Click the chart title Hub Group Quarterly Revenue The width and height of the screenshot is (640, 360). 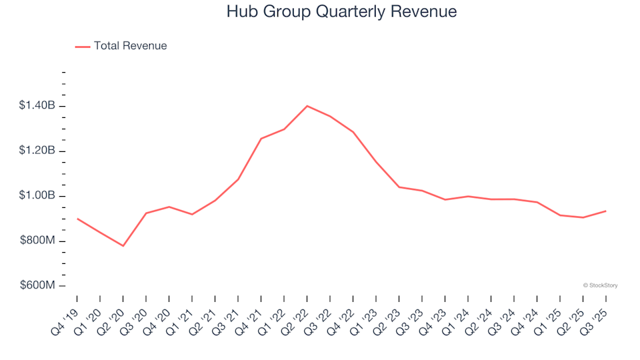point(341,12)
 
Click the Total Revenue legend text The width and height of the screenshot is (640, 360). point(130,46)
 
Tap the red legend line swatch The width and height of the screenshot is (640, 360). point(83,47)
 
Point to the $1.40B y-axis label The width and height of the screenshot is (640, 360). point(37,105)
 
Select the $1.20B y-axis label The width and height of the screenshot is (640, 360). point(37,151)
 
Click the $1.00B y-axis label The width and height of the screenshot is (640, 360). point(37,196)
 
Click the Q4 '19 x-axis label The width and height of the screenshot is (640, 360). point(65,319)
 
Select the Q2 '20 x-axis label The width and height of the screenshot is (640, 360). point(111,319)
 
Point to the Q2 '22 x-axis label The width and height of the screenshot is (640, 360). point(295,319)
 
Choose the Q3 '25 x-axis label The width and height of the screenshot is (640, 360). point(593,319)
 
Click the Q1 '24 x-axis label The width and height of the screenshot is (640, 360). point(455,319)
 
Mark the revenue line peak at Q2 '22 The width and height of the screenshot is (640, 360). point(307,106)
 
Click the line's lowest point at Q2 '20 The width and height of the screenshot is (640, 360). point(123,246)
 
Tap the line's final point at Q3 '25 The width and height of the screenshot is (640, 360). point(605,211)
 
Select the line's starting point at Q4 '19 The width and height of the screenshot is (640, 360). point(77,219)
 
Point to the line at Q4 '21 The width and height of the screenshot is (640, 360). point(261,139)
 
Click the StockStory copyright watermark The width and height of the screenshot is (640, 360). point(600,285)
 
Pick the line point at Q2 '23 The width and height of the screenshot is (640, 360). point(399,187)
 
